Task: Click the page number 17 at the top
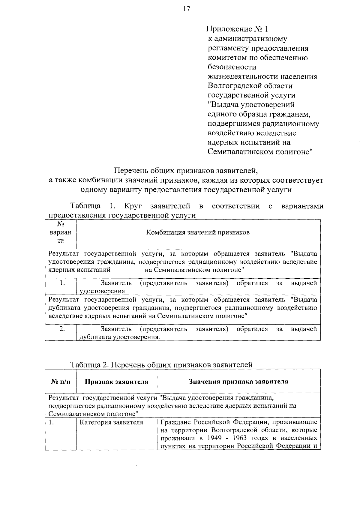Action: (186, 9)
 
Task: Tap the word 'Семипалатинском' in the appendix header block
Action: (237, 152)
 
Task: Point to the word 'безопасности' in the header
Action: (232, 67)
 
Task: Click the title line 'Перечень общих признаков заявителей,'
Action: (186, 171)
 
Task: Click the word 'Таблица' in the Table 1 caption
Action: (85, 206)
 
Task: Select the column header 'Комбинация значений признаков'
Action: (198, 233)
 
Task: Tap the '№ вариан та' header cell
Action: (61, 232)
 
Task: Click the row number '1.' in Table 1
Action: (62, 283)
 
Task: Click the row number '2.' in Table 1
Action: (62, 329)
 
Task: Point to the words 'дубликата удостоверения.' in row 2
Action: (119, 337)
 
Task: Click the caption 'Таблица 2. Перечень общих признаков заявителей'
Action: (161, 365)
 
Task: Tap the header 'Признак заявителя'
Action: (116, 382)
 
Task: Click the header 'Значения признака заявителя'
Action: (238, 382)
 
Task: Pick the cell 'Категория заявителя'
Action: (111, 423)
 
